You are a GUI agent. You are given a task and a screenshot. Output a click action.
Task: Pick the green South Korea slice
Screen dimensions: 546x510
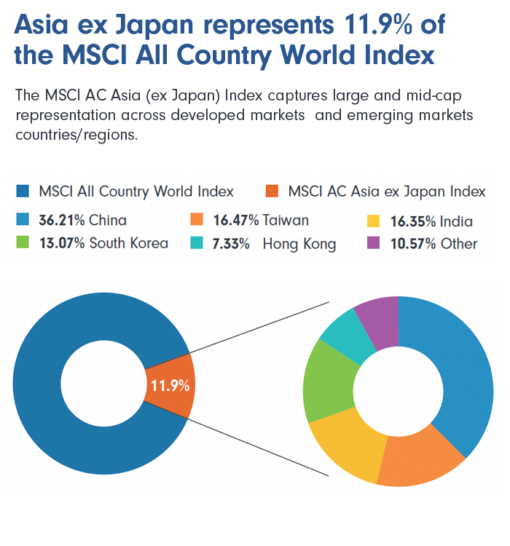pyautogui.click(x=328, y=379)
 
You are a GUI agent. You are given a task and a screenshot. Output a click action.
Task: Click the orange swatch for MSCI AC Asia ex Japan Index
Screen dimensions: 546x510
pyautogui.click(x=272, y=191)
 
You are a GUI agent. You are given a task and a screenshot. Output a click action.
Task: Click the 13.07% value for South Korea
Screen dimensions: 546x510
pyautogui.click(x=61, y=243)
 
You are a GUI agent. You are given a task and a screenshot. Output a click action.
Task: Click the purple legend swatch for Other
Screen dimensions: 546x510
pyautogui.click(x=373, y=243)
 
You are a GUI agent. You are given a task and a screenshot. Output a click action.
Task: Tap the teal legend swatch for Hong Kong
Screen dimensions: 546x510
pyautogui.click(x=196, y=243)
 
